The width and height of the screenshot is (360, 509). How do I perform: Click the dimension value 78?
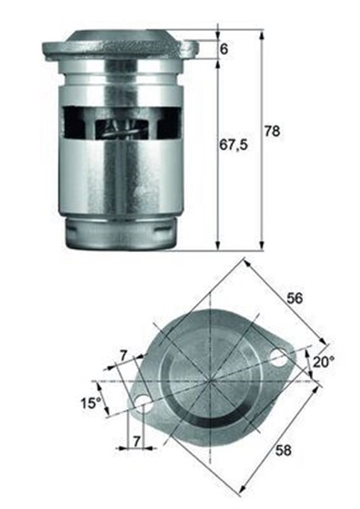tap(272, 131)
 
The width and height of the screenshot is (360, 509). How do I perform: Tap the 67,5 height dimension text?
tap(234, 145)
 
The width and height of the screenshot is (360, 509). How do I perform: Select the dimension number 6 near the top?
tap(224, 49)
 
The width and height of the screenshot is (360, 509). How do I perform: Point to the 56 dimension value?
tap(295, 298)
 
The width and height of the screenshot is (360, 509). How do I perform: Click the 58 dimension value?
tap(283, 450)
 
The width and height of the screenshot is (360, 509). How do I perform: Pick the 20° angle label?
tap(323, 362)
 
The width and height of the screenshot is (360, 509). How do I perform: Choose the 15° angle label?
tap(91, 403)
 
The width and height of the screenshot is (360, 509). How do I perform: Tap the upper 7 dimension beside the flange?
tap(123, 356)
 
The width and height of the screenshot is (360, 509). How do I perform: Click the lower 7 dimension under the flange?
tap(137, 441)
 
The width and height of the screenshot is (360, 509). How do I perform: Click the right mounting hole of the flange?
tap(279, 357)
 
